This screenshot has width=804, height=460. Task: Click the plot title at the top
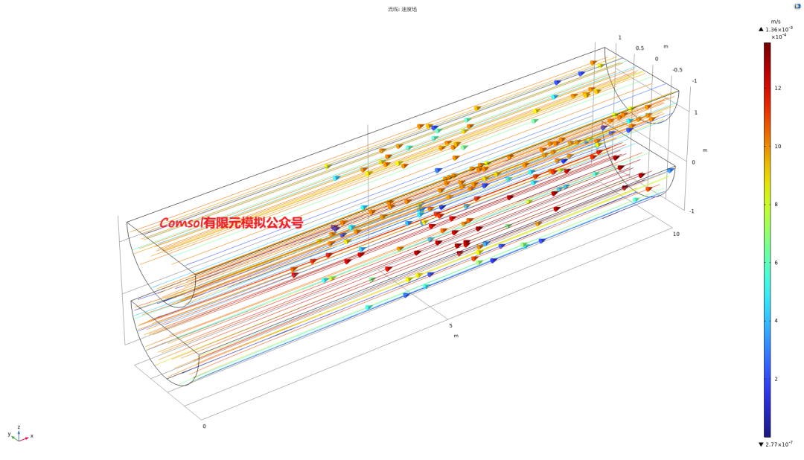(x=402, y=9)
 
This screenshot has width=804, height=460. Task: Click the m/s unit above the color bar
(x=776, y=22)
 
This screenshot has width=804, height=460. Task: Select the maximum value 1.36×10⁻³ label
(x=779, y=29)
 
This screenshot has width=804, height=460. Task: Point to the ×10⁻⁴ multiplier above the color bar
(x=779, y=36)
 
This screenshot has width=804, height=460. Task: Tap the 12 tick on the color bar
(x=778, y=89)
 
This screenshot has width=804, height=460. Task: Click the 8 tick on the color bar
(x=776, y=205)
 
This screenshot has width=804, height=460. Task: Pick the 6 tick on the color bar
(x=776, y=263)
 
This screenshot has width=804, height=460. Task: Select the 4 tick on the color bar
(x=776, y=321)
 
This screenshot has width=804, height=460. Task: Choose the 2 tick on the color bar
(x=776, y=379)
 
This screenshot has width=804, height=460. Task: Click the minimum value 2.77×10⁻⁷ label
(x=779, y=444)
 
